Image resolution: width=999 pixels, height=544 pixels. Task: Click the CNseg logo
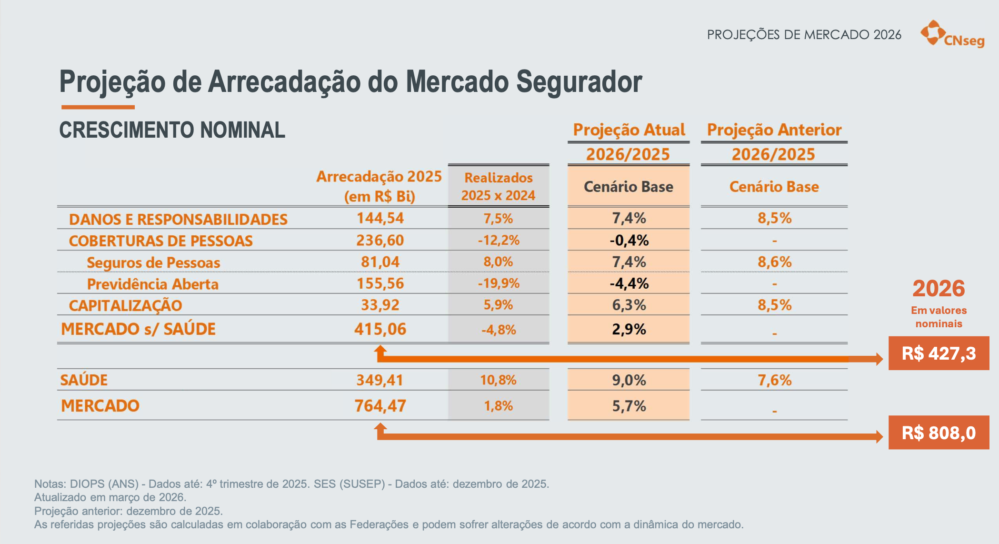click(952, 34)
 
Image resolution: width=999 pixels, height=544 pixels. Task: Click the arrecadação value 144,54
click(380, 218)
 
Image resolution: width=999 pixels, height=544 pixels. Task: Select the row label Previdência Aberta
click(152, 284)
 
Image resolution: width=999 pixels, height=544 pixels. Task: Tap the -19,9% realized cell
click(499, 283)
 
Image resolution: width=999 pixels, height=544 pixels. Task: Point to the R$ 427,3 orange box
click(939, 353)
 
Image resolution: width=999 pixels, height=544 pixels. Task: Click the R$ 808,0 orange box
click(939, 433)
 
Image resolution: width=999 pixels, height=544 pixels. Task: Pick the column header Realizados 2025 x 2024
click(498, 187)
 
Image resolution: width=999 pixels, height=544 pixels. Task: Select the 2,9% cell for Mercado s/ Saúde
click(629, 329)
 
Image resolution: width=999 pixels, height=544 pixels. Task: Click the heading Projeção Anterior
click(774, 130)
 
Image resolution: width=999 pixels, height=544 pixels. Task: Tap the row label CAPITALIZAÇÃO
click(125, 305)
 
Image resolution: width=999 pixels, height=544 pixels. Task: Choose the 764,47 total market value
click(380, 406)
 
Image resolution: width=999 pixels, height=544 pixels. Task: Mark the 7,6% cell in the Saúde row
click(774, 380)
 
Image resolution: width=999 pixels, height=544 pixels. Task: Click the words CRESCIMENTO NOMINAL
click(172, 130)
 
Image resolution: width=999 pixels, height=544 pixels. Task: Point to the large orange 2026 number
click(938, 288)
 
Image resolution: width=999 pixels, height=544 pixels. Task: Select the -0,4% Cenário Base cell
click(629, 240)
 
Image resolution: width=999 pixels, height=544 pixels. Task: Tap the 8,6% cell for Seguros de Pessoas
click(774, 262)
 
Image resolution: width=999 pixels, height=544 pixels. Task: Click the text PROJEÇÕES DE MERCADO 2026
click(804, 35)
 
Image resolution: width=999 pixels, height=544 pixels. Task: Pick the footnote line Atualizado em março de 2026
click(110, 497)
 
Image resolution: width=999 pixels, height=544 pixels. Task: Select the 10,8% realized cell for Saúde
click(498, 380)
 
